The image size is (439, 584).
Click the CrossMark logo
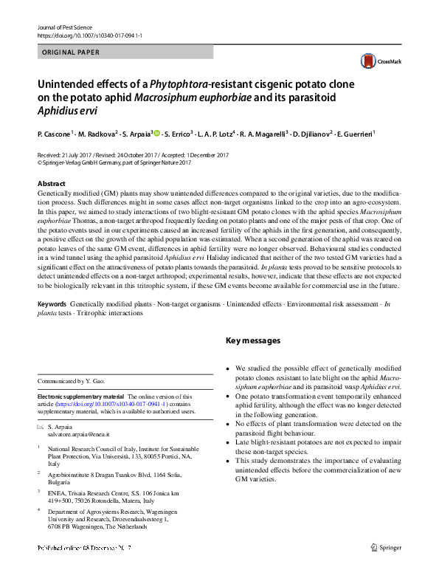point(375,61)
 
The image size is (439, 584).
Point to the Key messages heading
point(252,340)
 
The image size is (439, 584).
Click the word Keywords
point(52,304)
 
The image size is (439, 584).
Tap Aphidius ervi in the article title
point(66,111)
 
